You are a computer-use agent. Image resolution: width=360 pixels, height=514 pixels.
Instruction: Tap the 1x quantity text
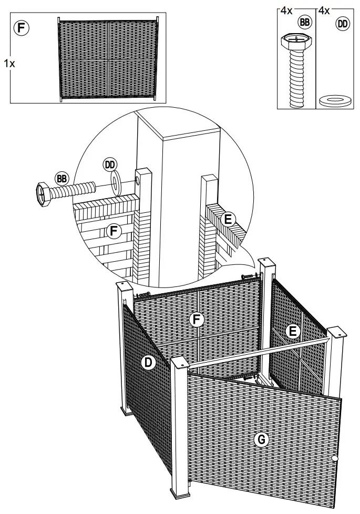[9, 63]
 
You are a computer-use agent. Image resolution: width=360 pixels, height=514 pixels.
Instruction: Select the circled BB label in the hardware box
[304, 22]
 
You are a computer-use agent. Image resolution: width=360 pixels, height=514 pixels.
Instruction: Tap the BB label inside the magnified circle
[62, 178]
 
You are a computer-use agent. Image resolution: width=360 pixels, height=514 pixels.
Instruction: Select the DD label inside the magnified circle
[110, 165]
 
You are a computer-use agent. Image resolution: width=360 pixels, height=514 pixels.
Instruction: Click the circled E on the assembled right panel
[293, 331]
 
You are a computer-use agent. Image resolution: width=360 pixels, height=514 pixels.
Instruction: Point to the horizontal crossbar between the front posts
[258, 352]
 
